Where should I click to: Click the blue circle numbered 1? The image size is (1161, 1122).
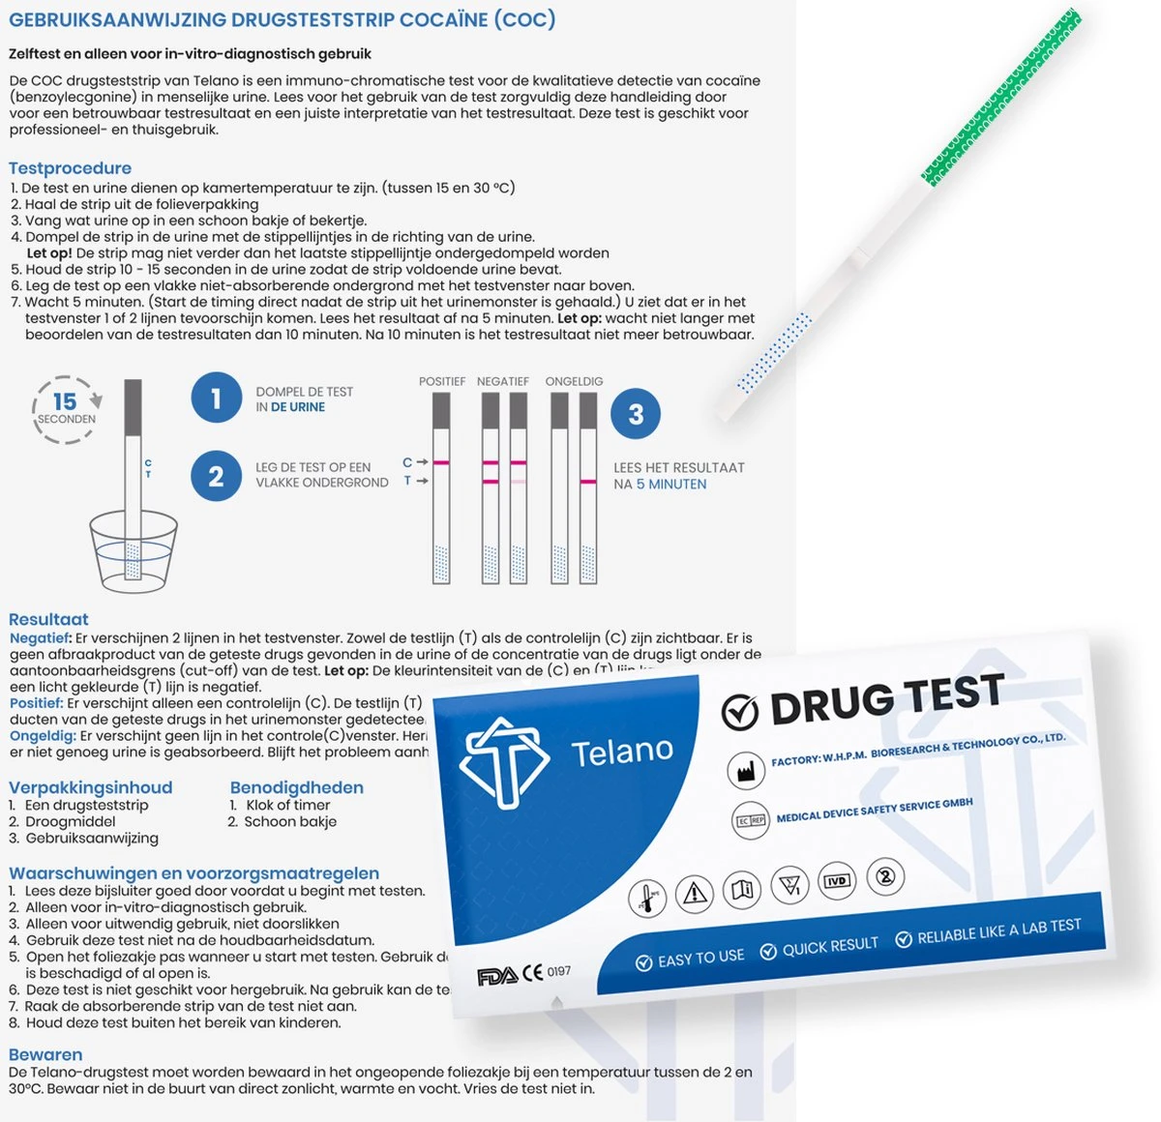pos(216,398)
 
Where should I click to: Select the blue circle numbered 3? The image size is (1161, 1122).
pos(636,414)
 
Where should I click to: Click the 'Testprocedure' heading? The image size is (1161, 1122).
pos(70,167)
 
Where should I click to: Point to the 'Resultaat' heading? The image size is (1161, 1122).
pos(48,619)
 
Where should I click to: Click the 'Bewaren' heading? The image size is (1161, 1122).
pos(45,1054)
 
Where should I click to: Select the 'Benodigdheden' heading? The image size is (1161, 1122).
pos(296,787)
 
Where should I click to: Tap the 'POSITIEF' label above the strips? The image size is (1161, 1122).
pos(442,381)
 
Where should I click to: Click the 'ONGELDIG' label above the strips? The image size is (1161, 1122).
pos(574,381)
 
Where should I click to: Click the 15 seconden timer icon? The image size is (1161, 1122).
pos(66,408)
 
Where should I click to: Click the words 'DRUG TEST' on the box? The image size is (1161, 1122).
pos(885,700)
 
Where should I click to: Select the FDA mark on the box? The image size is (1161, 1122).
pos(496,977)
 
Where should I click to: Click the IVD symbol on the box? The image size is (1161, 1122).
pos(836,881)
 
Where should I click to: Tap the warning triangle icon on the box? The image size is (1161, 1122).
pos(694,893)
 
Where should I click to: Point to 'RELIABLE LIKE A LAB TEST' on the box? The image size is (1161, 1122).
pos(997,932)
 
